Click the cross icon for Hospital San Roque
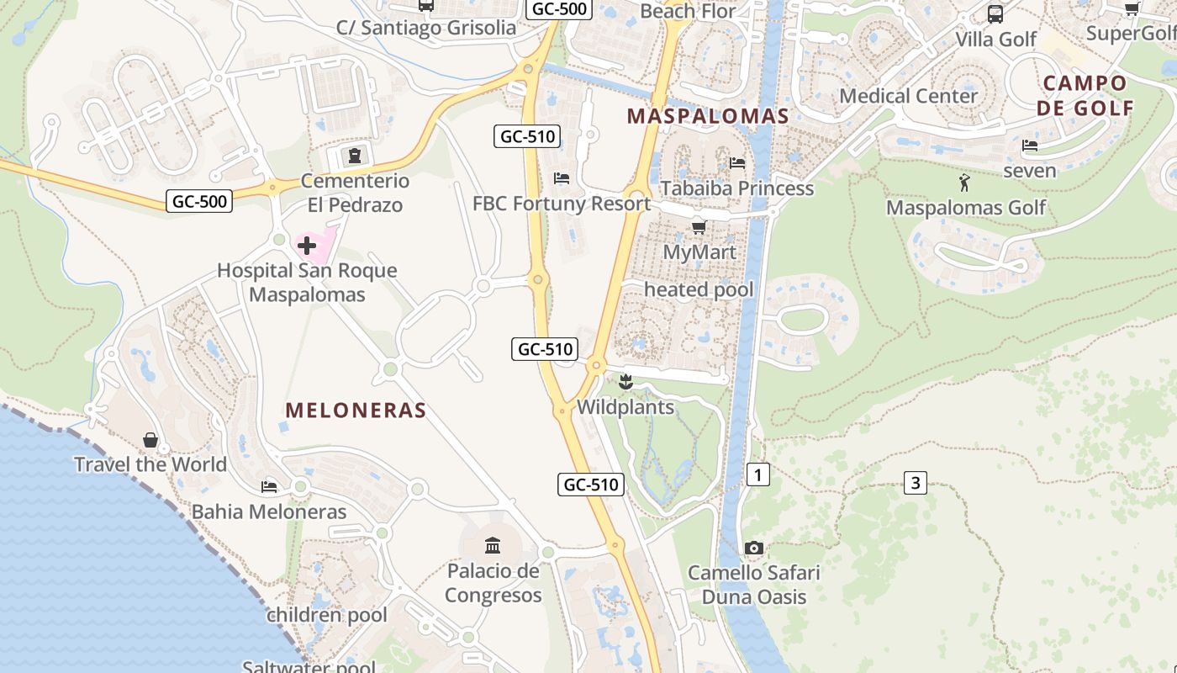tap(307, 246)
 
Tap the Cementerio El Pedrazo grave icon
tap(355, 156)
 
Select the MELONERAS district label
tap(356, 410)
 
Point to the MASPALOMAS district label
tap(708, 116)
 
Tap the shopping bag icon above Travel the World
tap(150, 439)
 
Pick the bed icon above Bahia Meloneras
tap(269, 486)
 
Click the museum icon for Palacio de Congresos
tap(493, 545)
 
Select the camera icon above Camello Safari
tap(754, 548)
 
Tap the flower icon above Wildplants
tap(625, 383)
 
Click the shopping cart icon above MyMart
tap(699, 227)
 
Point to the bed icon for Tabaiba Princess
tap(737, 162)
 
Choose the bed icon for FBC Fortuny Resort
tap(562, 178)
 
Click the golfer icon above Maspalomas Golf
tap(964, 183)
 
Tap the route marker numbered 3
tap(916, 483)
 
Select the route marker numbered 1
tap(757, 474)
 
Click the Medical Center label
tap(909, 96)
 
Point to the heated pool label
tap(699, 290)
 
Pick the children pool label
tap(327, 615)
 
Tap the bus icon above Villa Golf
tap(995, 14)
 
